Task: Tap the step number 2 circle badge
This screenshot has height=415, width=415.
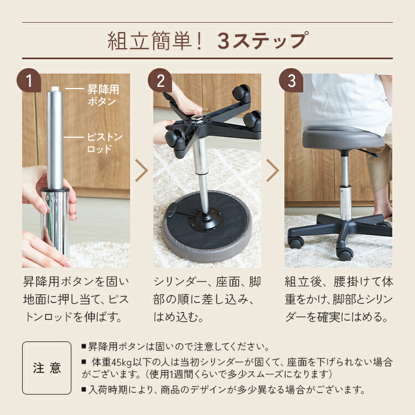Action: (x=160, y=81)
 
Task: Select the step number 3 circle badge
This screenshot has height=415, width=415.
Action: (x=290, y=81)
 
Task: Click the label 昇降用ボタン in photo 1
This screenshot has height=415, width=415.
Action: (x=103, y=95)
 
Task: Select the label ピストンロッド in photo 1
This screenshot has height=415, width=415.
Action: (x=105, y=142)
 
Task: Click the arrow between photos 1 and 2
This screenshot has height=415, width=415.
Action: (x=142, y=171)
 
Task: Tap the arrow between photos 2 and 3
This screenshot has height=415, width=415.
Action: (x=272, y=171)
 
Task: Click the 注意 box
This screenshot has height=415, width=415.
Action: (x=46, y=368)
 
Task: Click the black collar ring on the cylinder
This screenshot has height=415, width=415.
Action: (x=55, y=191)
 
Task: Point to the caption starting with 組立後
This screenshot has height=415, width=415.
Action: (x=339, y=299)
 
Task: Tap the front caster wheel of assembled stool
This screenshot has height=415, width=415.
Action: (x=345, y=254)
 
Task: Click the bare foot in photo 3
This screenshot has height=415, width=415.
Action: (x=383, y=209)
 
